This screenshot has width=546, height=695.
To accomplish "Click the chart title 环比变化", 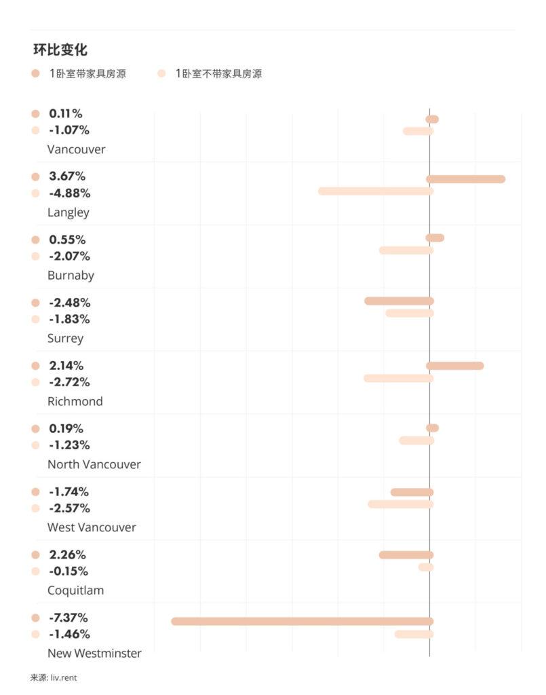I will point(60,50).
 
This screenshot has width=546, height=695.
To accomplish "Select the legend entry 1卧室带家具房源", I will point(87,73).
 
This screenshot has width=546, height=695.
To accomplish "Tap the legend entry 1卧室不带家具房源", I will point(218,73).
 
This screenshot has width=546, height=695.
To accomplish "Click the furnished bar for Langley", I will point(465,179).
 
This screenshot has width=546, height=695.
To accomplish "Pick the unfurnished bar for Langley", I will point(375,191).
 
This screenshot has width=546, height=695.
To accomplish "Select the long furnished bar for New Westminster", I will point(302,621).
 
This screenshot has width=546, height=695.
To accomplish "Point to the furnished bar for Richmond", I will point(454,366).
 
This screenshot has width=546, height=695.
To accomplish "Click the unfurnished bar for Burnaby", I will point(406,250).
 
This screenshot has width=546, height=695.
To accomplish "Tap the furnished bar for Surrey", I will point(399,301).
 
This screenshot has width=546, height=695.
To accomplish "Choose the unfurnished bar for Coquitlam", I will point(425,567).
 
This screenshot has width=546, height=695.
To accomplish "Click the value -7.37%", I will point(69,618).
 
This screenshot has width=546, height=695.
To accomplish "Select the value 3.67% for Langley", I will point(67,176).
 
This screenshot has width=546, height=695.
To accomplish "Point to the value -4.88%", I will point(69,193).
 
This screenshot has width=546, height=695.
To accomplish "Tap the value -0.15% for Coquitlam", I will point(69,571).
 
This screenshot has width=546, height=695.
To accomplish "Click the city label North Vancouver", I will point(94,464).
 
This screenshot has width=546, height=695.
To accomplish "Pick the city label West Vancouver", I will point(92,527).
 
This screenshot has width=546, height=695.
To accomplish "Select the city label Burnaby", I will point(71,276).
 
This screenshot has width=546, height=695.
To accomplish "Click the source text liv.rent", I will point(64,677).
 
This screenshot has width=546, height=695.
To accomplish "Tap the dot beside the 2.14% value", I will point(35,366).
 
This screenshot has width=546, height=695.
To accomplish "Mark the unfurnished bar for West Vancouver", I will point(400,504).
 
